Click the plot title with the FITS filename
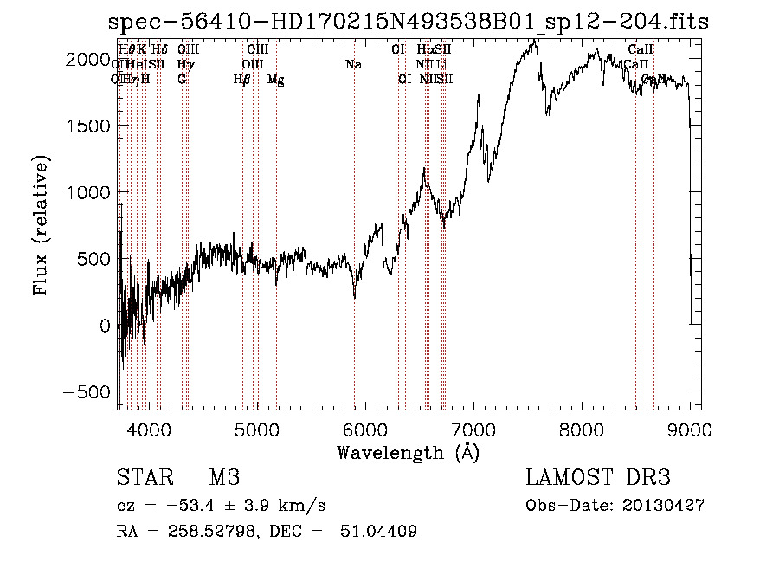(408, 22)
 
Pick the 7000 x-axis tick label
(473, 429)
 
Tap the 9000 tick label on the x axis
(690, 429)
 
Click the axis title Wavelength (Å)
(408, 452)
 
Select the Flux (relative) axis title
(42, 225)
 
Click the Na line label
(353, 64)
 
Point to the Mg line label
(275, 80)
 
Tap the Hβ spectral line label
(241, 80)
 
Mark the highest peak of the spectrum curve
(535, 40)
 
